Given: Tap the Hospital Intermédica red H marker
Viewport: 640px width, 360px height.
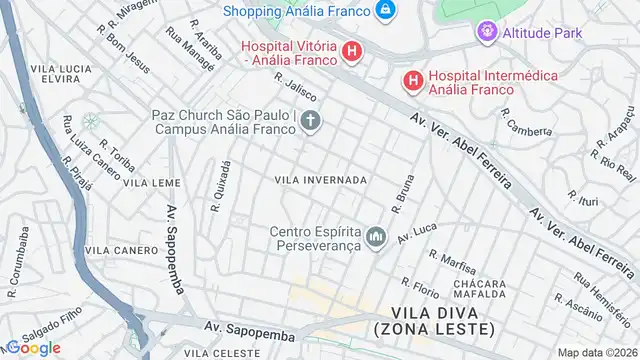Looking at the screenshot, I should click(411, 79).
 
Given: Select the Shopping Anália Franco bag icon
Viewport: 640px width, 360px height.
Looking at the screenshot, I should click(385, 10).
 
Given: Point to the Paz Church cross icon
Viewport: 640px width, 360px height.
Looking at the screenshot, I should click(310, 123).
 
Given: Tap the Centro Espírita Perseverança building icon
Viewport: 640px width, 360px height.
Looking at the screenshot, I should click(376, 237).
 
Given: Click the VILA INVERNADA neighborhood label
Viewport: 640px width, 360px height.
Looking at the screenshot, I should click(320, 180).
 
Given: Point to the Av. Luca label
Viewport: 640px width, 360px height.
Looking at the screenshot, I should click(418, 233).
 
